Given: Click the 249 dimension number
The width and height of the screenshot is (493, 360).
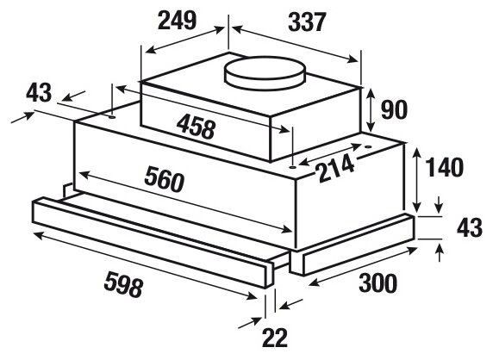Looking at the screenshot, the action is click(x=177, y=21).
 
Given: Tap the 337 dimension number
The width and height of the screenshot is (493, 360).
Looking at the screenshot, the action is click(x=307, y=22).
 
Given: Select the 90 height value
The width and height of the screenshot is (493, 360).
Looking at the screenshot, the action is click(x=394, y=110).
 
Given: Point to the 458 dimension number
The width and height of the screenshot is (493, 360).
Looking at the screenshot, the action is click(x=197, y=127).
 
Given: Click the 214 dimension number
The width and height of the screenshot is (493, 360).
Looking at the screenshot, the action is click(x=336, y=169).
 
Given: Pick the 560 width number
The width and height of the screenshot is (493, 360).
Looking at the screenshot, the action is click(x=164, y=179).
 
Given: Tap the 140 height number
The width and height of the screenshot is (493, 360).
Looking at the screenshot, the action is click(x=444, y=167).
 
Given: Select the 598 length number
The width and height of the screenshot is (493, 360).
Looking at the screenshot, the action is click(x=123, y=284).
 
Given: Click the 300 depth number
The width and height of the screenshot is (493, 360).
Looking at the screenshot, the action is click(x=378, y=283).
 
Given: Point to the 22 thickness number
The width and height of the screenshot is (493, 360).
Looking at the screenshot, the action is click(x=275, y=338).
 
